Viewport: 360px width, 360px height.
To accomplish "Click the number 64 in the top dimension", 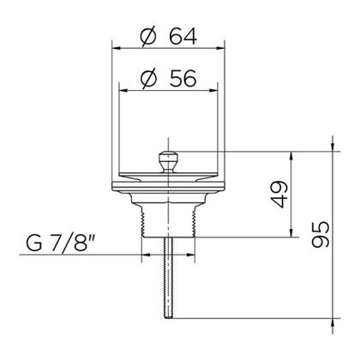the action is click(x=183, y=37).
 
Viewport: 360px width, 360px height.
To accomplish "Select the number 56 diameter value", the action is click(x=183, y=78).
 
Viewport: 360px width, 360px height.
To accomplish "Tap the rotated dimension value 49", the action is click(x=279, y=195).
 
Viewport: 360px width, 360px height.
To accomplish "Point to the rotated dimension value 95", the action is click(x=321, y=234).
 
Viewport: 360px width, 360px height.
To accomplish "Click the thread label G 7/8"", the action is click(x=61, y=242).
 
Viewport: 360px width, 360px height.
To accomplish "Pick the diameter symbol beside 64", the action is click(x=149, y=37).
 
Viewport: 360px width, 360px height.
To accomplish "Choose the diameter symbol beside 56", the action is click(x=149, y=78).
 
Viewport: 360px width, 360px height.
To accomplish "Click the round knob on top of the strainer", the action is click(x=169, y=162).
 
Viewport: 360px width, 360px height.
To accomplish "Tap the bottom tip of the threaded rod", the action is click(x=169, y=317).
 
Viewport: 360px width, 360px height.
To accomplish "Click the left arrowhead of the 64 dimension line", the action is click(x=116, y=49).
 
